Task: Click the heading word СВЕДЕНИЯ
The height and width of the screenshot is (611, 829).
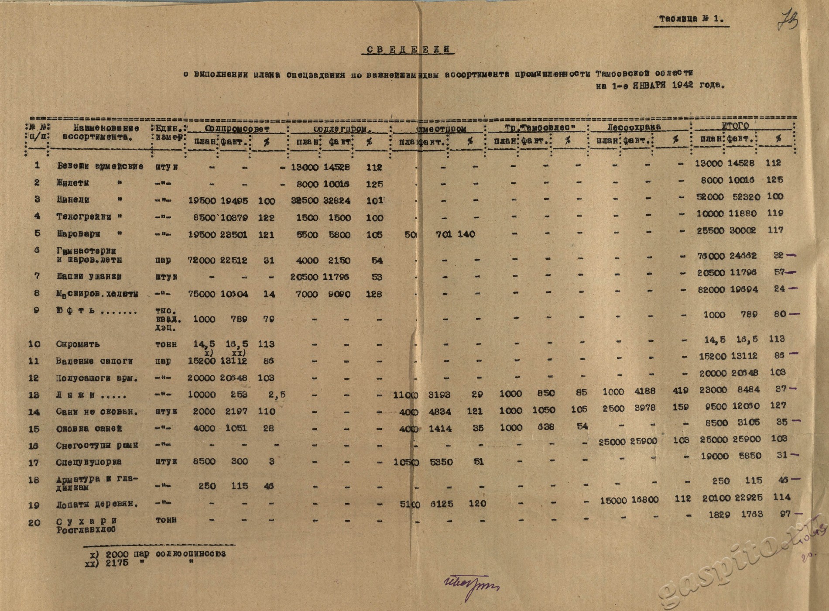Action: (x=408, y=49)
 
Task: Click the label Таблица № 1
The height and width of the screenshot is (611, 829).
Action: (x=691, y=19)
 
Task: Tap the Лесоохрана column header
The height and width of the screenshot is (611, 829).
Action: (x=634, y=127)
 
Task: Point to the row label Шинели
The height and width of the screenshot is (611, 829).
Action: (x=73, y=200)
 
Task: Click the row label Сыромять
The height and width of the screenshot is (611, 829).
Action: (x=72, y=344)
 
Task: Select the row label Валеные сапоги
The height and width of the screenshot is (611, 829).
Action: (x=94, y=361)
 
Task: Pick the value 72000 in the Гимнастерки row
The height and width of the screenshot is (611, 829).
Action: (x=201, y=260)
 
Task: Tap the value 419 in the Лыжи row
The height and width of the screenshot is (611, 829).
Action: (x=680, y=391)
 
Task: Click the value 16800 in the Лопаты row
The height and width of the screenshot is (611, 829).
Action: (x=644, y=500)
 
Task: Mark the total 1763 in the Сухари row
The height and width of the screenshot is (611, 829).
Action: (x=751, y=515)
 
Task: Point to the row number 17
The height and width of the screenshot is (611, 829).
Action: (x=34, y=463)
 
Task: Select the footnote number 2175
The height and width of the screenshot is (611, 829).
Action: (x=116, y=563)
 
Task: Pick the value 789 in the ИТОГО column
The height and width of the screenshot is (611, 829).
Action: (x=749, y=315)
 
